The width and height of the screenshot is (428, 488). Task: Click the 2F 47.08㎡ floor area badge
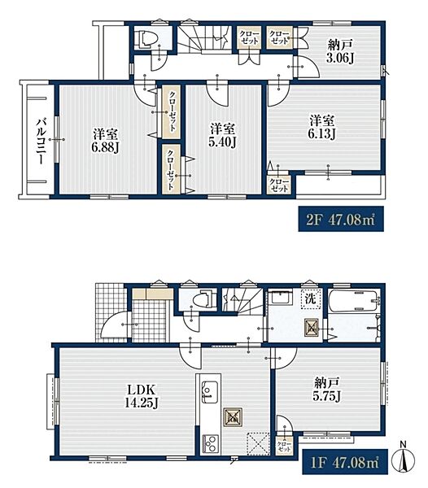tap(341, 219)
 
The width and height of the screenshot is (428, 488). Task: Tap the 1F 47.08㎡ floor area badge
tap(345, 461)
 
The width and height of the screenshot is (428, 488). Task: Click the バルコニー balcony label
tap(40, 141)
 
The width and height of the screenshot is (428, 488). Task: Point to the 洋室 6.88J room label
tap(106, 142)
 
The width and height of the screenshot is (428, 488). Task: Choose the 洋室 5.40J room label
tap(223, 135)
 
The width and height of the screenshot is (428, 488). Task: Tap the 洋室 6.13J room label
tap(322, 128)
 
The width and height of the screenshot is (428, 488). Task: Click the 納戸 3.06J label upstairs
tap(340, 52)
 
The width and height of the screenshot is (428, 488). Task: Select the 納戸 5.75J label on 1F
tap(326, 389)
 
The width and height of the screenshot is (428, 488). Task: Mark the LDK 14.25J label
tap(142, 396)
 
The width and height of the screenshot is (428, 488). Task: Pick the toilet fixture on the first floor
tap(202, 299)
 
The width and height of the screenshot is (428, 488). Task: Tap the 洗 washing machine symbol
tap(311, 299)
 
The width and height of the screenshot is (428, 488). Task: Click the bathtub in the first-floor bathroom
tap(355, 301)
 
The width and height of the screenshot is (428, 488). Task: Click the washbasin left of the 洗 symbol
tap(281, 299)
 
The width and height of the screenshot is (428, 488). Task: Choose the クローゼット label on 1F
tap(283, 447)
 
